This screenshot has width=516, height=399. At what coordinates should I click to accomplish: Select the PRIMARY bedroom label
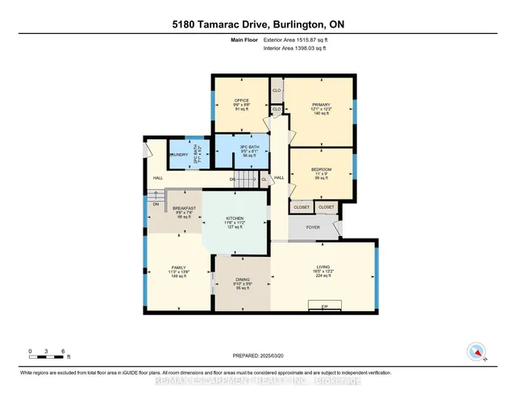[320, 104]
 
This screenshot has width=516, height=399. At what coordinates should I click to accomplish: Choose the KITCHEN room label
[235, 218]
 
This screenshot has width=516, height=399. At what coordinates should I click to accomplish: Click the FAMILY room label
[177, 267]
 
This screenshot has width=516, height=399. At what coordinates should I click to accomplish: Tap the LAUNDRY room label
[177, 154]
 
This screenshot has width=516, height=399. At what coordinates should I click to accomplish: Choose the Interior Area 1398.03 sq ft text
[295, 48]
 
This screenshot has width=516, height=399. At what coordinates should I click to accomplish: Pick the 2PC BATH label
[198, 155]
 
